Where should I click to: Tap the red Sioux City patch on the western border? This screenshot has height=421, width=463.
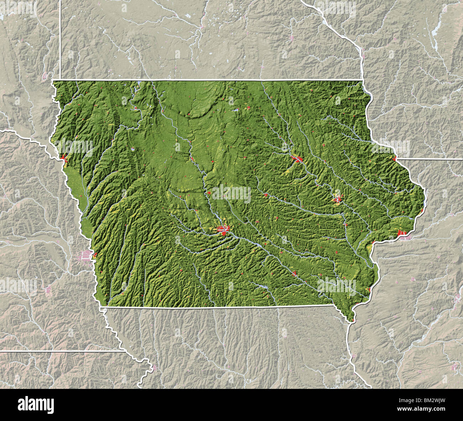coord(64,158)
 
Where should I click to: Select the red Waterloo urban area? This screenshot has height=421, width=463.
coord(297,159)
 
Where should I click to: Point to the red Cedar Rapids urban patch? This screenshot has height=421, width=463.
coord(337,199)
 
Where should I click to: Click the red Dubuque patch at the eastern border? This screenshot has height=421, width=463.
coord(394,158)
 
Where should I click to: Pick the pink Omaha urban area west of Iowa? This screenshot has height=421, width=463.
coord(85,255)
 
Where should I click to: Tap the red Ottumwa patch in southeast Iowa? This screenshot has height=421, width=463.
coord(294,273)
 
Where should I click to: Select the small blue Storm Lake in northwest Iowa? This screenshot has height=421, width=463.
coord(132,150)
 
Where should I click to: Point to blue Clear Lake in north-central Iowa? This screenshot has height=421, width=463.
coord(235,110)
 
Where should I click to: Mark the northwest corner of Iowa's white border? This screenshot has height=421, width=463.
coord(53,81)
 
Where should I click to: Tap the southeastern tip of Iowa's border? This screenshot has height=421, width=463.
coord(351,321)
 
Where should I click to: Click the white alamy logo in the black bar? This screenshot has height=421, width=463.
coord(36,405)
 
